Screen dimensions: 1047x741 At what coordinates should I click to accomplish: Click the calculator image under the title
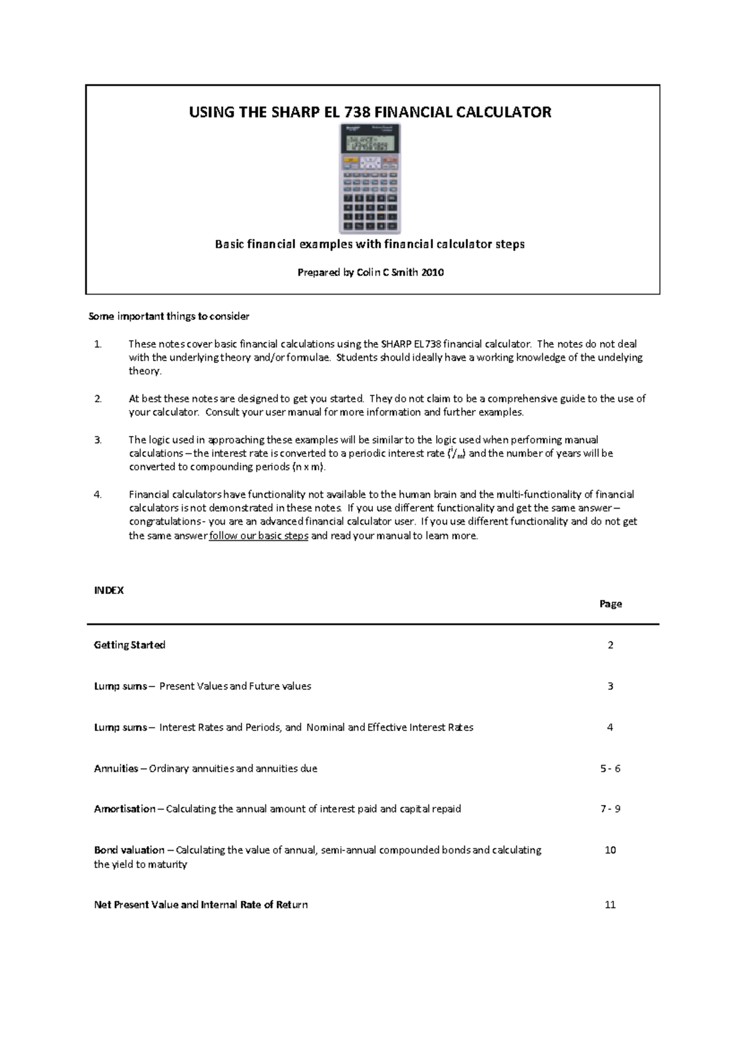370,179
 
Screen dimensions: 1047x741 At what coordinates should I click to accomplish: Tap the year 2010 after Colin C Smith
432,272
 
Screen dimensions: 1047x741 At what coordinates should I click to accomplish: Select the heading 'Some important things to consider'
169,316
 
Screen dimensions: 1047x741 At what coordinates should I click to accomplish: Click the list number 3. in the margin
98,440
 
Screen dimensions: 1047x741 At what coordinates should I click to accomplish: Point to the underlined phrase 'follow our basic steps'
259,536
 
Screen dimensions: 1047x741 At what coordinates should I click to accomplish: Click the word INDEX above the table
109,590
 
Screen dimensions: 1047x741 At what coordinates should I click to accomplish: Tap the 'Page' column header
610,604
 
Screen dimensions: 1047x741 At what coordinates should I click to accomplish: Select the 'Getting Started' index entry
130,645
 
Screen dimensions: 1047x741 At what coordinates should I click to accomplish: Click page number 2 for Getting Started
610,645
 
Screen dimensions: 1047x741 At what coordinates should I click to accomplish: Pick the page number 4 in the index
610,727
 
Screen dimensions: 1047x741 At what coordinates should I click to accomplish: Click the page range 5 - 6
610,769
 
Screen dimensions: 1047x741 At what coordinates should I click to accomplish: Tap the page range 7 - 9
610,809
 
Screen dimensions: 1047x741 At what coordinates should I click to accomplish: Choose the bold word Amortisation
125,809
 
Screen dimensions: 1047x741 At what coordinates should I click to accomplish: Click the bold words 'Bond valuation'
129,850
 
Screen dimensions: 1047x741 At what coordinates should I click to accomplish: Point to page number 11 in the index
610,904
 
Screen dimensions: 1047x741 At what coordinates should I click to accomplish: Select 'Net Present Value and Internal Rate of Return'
201,904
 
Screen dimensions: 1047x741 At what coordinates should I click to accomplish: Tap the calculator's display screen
369,144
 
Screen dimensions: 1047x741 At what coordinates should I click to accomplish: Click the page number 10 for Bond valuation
610,850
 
